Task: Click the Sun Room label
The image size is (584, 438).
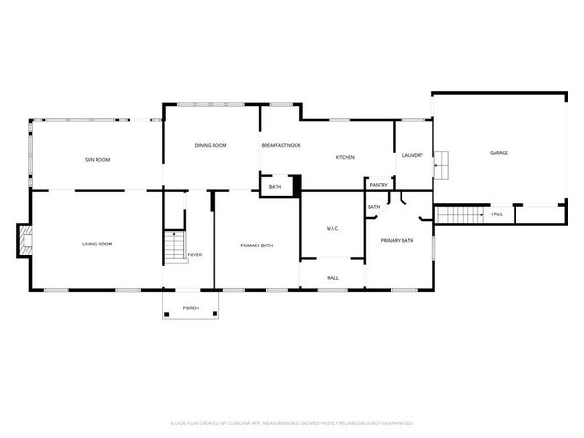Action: point(97,160)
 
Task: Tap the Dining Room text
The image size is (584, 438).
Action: point(211,145)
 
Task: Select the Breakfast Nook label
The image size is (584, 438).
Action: point(281,145)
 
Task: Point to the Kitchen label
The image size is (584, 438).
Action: point(345,157)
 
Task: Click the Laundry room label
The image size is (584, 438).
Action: point(412,155)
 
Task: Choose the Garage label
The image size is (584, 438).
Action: point(498,152)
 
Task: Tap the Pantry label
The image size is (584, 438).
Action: point(379,185)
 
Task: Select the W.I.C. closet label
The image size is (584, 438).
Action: point(333,228)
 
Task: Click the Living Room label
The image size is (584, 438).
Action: point(97,244)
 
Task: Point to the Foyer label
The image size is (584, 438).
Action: point(195,255)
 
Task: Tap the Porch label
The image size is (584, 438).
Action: point(191,308)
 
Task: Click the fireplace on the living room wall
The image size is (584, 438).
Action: point(25,243)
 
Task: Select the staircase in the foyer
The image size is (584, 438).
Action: point(173,246)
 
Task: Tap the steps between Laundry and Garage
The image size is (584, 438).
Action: point(442,165)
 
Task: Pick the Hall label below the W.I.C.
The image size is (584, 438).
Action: point(332,277)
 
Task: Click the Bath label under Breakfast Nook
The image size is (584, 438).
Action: point(275,187)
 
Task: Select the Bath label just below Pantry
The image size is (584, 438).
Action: point(373,207)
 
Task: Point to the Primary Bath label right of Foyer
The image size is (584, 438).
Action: point(256,245)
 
